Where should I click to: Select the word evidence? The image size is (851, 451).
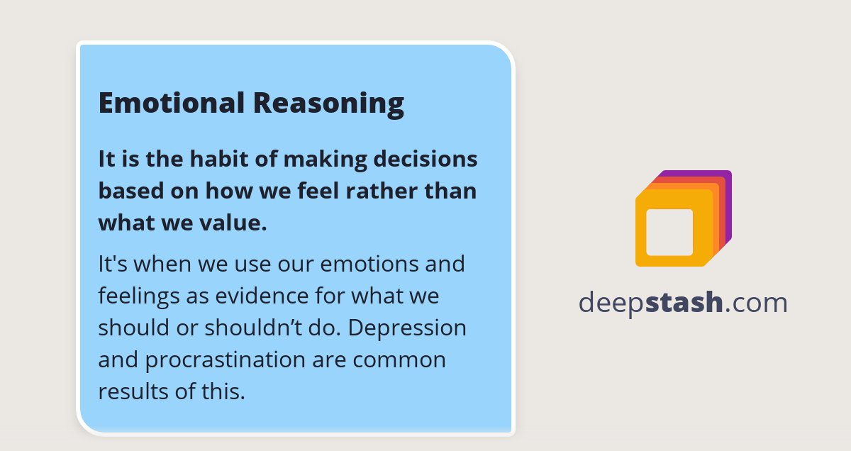click(252, 296)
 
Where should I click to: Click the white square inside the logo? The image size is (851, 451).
click(669, 232)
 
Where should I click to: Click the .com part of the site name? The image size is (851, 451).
click(757, 303)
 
